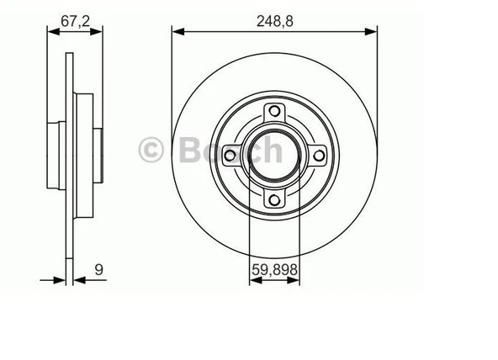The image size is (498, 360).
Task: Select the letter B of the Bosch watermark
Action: (x=190, y=151)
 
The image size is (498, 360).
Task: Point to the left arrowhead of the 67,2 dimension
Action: (x=49, y=33)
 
